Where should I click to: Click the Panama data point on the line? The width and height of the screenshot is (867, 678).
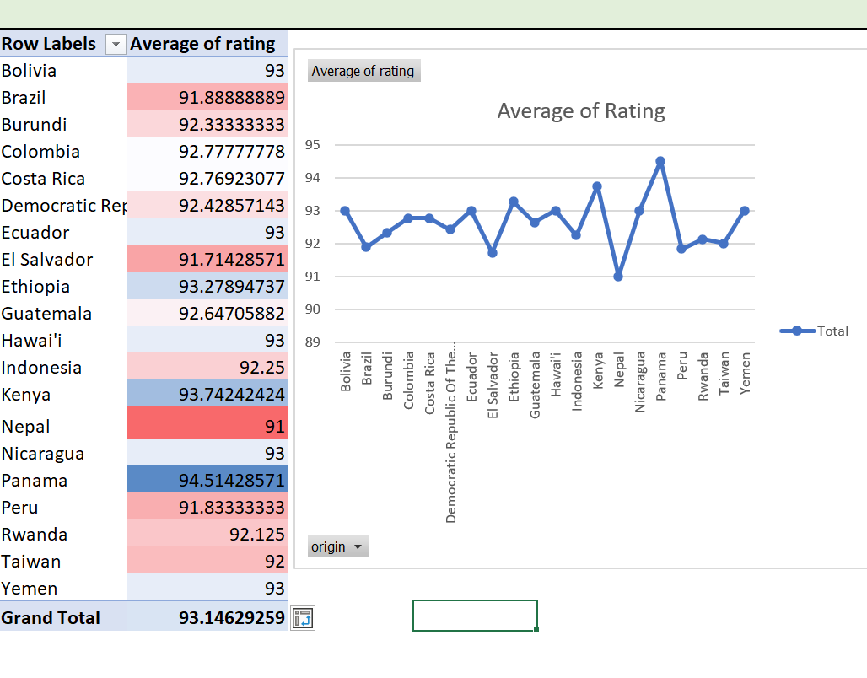[x=660, y=161]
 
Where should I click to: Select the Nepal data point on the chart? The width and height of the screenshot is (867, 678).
[x=618, y=277]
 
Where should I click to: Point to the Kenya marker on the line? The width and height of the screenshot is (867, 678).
[x=597, y=186]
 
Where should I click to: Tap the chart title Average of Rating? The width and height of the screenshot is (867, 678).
[x=581, y=110]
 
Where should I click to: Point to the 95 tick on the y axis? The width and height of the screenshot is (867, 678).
[x=313, y=145]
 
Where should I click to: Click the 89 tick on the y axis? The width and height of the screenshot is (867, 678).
[x=313, y=342]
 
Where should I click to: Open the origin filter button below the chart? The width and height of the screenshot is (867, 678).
[x=338, y=546]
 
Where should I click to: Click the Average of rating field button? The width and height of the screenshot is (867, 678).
[x=363, y=71]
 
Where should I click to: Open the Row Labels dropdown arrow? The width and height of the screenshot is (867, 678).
[x=116, y=44]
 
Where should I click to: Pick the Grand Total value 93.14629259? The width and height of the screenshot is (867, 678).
[x=232, y=617]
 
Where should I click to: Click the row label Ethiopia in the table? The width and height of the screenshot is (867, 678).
[x=36, y=287]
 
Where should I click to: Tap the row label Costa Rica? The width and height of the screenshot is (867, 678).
[x=43, y=179]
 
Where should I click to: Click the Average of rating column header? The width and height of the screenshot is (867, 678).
[x=203, y=44]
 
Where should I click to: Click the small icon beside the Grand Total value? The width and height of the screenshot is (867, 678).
[x=301, y=618]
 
